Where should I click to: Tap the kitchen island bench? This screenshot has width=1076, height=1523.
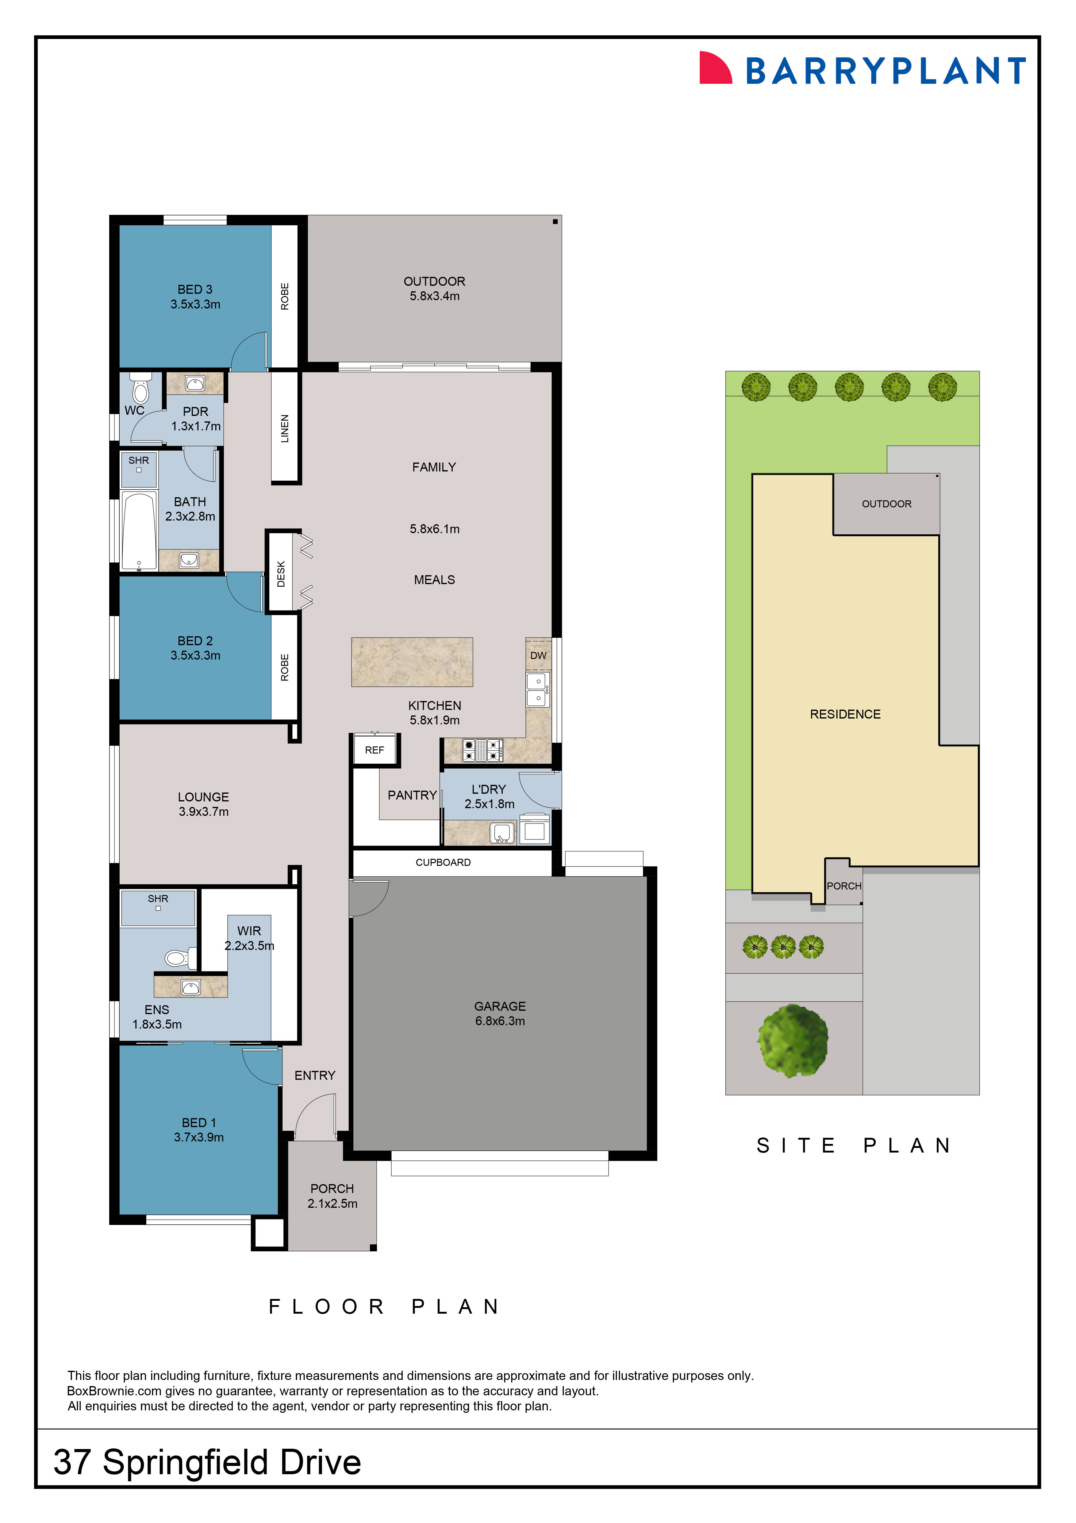coord(412,662)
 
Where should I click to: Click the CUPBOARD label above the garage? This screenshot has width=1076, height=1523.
coord(443,862)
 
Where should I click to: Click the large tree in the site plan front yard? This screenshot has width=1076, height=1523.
coord(793,1040)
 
